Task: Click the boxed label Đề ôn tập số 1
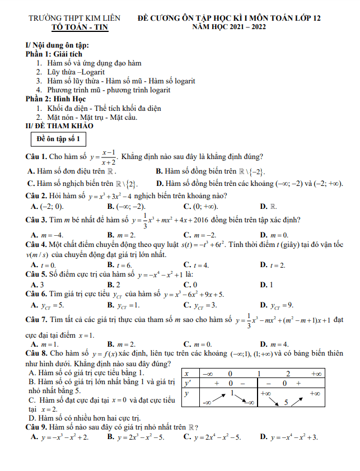pos(58,138)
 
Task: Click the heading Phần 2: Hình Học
pos(55,99)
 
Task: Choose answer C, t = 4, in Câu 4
pos(196,264)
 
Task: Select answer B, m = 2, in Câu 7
pos(120,344)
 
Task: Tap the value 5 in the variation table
pos(286,402)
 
